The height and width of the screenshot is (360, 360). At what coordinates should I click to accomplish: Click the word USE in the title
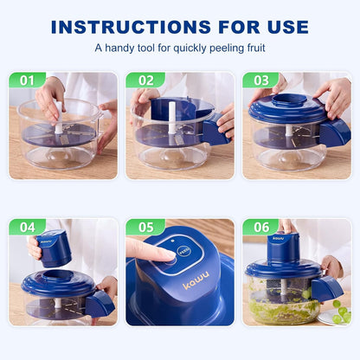tap(281, 26)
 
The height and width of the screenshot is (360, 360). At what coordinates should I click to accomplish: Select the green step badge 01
tap(28, 80)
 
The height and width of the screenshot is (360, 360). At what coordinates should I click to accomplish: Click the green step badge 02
tap(145, 80)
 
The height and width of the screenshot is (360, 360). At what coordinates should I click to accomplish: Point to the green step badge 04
tap(28, 228)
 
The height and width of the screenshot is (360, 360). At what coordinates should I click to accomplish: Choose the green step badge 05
tap(145, 228)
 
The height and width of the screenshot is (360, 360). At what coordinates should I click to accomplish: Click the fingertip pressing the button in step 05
tap(164, 253)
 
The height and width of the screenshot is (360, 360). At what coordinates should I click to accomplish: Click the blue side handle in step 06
tap(327, 288)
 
